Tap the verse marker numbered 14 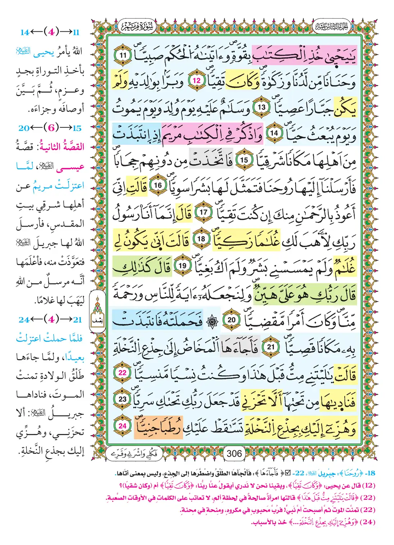(274, 133)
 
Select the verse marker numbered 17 (203, 212)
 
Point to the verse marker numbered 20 (232, 320)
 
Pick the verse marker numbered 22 (123, 372)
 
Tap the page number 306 (234, 454)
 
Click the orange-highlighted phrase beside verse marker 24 (159, 427)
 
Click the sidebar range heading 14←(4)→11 (50, 32)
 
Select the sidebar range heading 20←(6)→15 (50, 128)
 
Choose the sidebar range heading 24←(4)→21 (50, 320)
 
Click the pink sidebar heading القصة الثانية (63, 147)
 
